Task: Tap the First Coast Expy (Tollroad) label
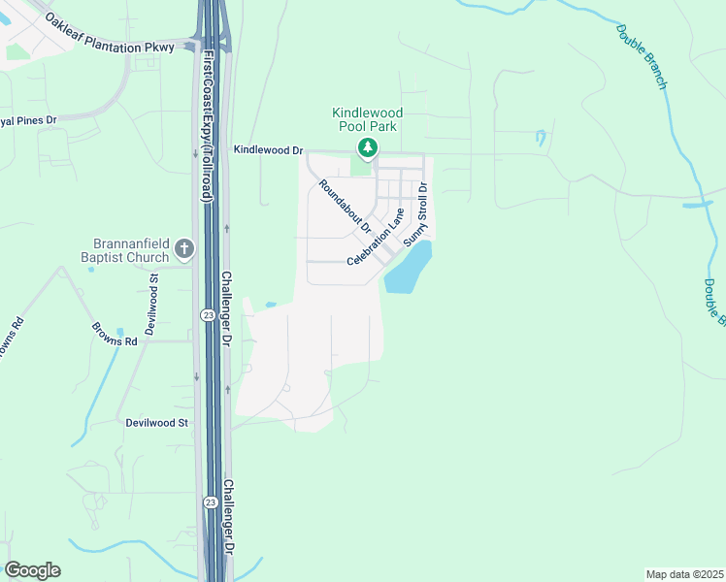click(x=206, y=126)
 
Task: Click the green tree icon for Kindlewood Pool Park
click(x=367, y=147)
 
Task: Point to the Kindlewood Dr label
click(x=269, y=151)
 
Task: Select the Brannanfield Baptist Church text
click(x=133, y=250)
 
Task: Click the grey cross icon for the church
click(x=183, y=250)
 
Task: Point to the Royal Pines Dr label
click(x=29, y=120)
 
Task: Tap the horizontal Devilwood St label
click(x=156, y=423)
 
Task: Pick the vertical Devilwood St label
click(x=152, y=305)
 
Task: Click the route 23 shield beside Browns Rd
click(x=208, y=315)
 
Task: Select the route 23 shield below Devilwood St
click(x=210, y=502)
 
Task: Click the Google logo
click(x=32, y=570)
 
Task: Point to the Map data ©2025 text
click(x=684, y=574)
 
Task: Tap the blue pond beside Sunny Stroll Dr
click(x=409, y=269)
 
